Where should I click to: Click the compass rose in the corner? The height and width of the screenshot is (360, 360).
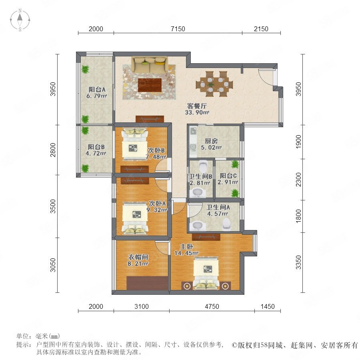pyautogui.click(x=20, y=20)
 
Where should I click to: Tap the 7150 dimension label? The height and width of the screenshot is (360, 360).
pyautogui.click(x=178, y=29)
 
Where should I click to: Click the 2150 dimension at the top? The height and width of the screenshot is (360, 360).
pyautogui.click(x=261, y=29)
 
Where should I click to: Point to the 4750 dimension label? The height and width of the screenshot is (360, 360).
pyautogui.click(x=212, y=306)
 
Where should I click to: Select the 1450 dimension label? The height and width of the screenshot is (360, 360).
pyautogui.click(x=268, y=306)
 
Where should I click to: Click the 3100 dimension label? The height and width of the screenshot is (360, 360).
pyautogui.click(x=142, y=306)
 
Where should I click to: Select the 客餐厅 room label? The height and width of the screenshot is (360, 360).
pyautogui.click(x=197, y=106)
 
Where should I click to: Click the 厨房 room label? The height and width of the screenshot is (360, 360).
pyautogui.click(x=211, y=141)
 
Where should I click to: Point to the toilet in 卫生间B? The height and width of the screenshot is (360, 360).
pyautogui.click(x=203, y=166)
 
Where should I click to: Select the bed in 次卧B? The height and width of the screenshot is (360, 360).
pyautogui.click(x=134, y=144)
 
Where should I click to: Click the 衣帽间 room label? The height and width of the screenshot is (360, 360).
pyautogui.click(x=138, y=257)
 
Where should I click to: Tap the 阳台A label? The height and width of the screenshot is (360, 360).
pyautogui.click(x=97, y=89)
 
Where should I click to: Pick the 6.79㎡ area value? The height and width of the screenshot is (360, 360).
pyautogui.click(x=97, y=96)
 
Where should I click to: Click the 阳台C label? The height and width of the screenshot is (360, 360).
pyautogui.click(x=228, y=176)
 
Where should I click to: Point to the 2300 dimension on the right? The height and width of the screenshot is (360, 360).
pyautogui.click(x=298, y=180)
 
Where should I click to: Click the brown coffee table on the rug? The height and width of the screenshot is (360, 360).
pyautogui.click(x=150, y=85)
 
